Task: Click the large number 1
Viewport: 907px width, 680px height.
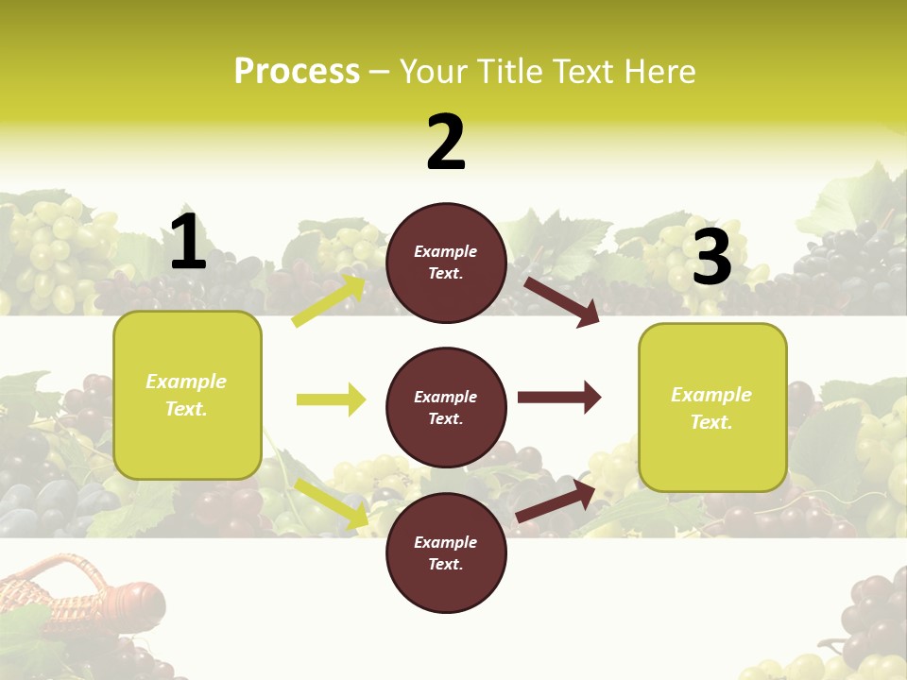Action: [x=188, y=243]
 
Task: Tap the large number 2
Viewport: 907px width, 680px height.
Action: [x=446, y=143]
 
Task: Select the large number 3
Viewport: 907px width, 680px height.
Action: [x=711, y=257]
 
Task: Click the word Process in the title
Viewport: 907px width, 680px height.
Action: [x=297, y=72]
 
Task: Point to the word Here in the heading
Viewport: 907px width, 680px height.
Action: [x=658, y=72]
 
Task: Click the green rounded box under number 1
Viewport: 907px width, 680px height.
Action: [x=187, y=395]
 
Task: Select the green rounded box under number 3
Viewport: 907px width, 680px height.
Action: [x=712, y=408]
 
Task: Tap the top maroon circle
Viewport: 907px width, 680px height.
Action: [x=446, y=263]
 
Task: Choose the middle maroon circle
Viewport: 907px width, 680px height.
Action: [x=446, y=407]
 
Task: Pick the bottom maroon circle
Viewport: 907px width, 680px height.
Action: [x=446, y=552]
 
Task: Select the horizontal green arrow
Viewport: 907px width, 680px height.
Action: [x=331, y=399]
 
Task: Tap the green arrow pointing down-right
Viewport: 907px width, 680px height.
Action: [x=332, y=502]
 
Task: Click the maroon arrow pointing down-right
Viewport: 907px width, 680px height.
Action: [x=561, y=301]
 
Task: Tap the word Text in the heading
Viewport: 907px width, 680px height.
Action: [x=584, y=72]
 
